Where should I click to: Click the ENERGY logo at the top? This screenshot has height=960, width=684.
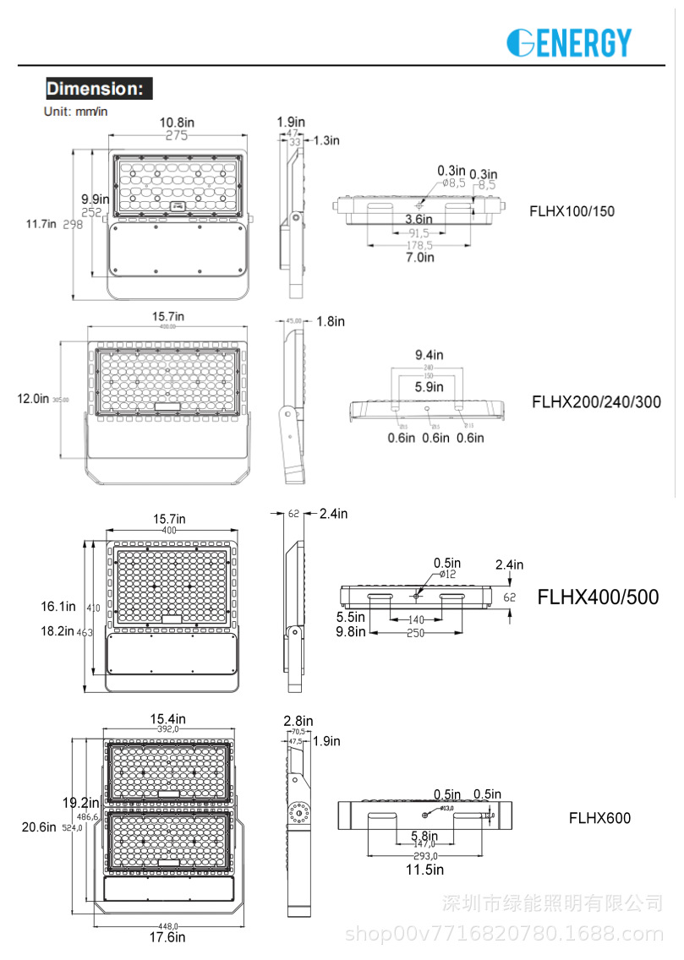coord(569,42)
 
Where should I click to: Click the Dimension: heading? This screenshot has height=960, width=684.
coord(99,89)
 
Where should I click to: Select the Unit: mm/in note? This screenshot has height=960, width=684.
coord(76,111)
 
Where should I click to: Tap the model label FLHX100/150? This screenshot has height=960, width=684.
coord(572,210)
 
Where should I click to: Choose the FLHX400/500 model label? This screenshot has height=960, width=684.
coord(598,597)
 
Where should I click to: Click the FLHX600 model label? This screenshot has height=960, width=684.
coord(599,817)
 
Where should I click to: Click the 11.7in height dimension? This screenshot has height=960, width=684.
coord(41,224)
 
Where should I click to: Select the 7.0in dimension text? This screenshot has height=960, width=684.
coord(419,257)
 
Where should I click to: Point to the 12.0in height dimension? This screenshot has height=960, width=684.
coord(33,399)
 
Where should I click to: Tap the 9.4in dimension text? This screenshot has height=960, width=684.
coord(429,355)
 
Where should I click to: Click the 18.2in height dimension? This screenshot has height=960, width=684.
coord(58,630)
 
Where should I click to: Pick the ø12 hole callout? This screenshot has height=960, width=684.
coord(447,575)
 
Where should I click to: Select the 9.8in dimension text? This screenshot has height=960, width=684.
coord(349,631)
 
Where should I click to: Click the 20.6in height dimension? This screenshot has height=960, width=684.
coord(38,827)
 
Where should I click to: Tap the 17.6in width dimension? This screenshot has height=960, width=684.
coord(167,936)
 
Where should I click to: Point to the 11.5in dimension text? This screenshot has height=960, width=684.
coord(425,869)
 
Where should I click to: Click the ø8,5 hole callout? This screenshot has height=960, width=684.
coord(453,183)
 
